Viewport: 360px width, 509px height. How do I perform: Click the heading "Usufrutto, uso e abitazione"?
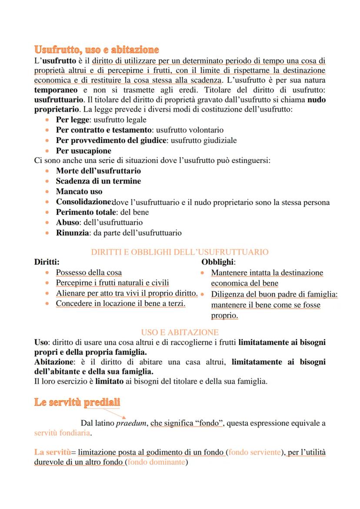pos(96,50)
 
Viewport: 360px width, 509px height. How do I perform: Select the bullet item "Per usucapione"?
pos(83,151)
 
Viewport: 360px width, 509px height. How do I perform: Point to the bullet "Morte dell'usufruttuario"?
pos(98,171)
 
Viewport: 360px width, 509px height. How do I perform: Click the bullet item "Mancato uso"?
pos(79,191)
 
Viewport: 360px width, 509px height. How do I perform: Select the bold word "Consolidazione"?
pos(84,202)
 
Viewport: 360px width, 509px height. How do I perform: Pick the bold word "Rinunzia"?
pos(71,233)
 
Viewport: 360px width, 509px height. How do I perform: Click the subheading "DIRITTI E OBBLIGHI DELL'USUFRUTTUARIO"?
pos(180,252)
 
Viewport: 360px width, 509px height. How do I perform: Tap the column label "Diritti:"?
pos(47,262)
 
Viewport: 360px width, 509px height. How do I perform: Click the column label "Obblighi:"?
pos(218,262)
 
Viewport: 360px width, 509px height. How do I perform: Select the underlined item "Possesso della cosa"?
pos(89,273)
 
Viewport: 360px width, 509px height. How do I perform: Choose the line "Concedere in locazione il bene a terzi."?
pos(120,303)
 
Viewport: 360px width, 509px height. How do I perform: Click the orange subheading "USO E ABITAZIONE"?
pos(180,332)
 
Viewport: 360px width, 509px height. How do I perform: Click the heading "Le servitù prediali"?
pos(77,402)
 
